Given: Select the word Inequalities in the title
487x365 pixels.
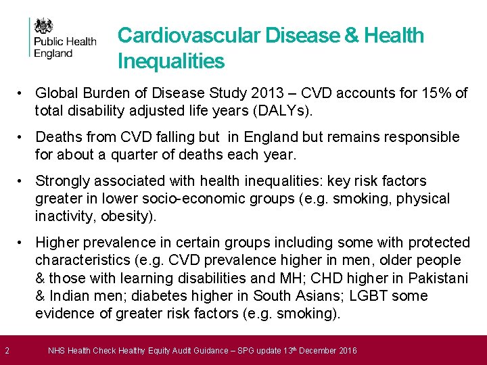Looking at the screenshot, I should [170, 62].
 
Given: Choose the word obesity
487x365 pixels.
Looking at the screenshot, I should [129, 216].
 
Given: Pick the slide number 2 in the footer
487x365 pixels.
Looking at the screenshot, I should [6, 350].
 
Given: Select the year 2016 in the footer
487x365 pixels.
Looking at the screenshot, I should [346, 350].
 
